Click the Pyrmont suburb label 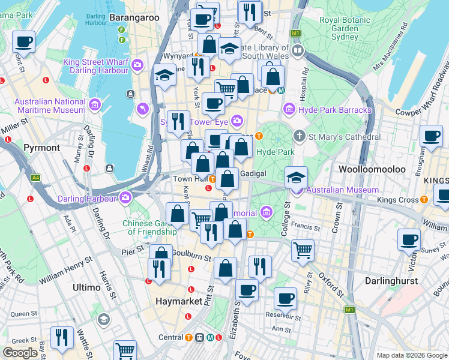[x=41, y=147]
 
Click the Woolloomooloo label [x=372, y=169]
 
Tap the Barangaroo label [x=134, y=18]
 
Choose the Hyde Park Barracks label [x=328, y=109]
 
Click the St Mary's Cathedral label [x=345, y=137]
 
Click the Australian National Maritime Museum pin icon [x=94, y=106]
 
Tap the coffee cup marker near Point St [x=23, y=41]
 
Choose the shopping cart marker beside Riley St [x=303, y=249]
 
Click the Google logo [x=20, y=353]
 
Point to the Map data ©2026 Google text [x=411, y=355]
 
